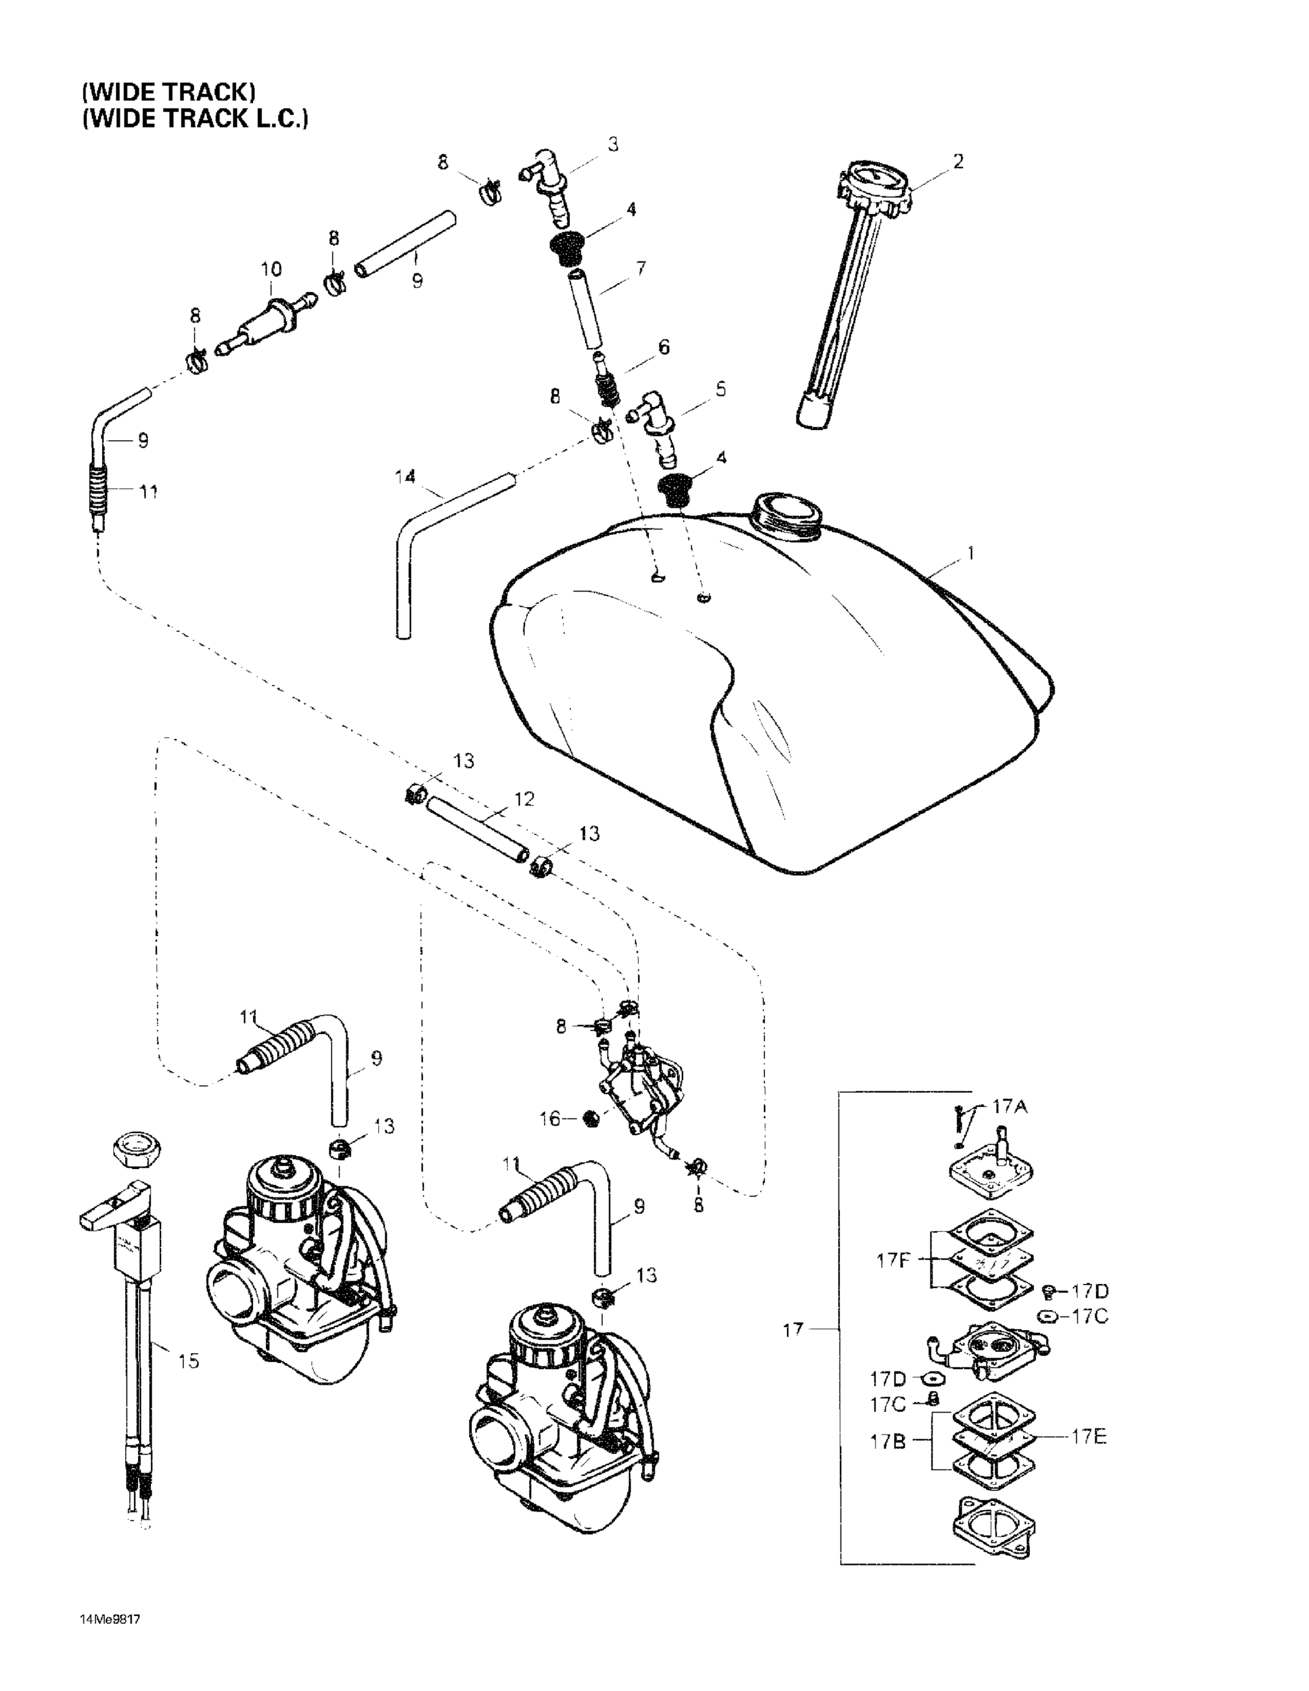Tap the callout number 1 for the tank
coord(971,554)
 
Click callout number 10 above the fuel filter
coord(271,269)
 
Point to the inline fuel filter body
coord(267,317)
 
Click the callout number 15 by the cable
coord(188,1360)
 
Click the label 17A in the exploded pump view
coord(1010,1107)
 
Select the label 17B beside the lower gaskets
coord(888,1442)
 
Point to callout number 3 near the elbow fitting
coord(613,145)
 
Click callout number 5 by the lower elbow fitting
coord(720,389)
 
